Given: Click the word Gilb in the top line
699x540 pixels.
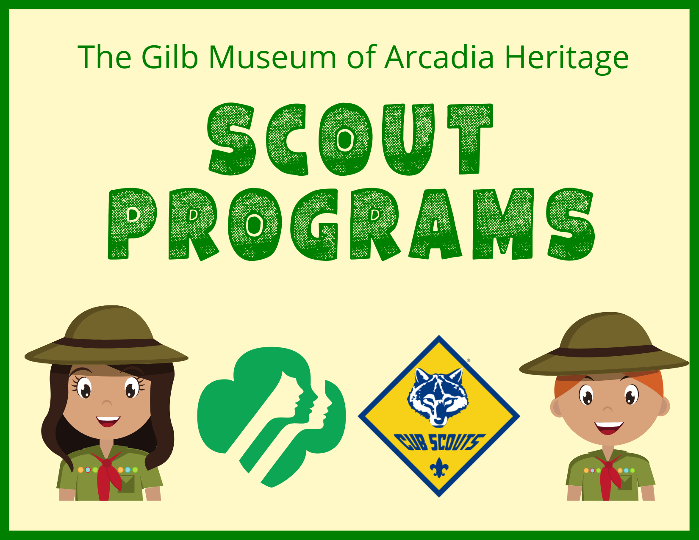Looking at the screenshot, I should pos(169,57).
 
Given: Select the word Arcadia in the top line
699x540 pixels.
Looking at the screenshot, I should pos(439,57).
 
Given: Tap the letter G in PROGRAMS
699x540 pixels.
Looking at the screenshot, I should pos(314,224).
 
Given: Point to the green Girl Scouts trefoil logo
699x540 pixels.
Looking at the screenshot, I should pos(272,415).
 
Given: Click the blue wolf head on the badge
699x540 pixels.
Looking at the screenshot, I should pos(438,396).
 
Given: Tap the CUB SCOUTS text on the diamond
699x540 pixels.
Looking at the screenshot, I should pos(438,443).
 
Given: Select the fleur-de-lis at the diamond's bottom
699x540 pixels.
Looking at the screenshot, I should pos(439,468).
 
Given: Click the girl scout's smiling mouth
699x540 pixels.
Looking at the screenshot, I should pos(108,421).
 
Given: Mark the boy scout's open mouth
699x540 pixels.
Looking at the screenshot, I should pos(609,427).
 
